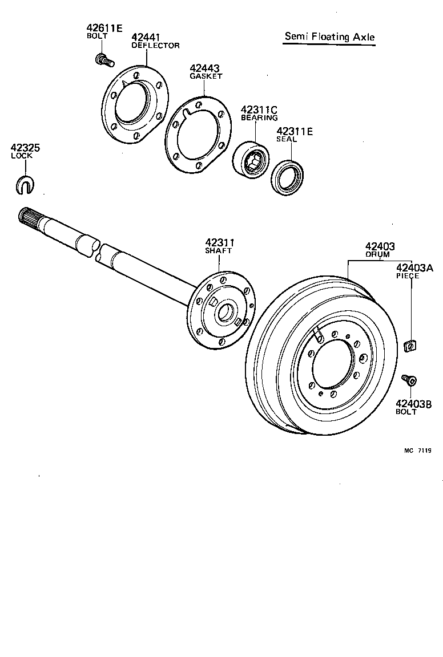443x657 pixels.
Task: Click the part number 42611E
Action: click(104, 28)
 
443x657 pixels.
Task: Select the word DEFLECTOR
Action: click(155, 46)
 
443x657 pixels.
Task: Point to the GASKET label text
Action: click(206, 76)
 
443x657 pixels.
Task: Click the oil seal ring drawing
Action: click(287, 176)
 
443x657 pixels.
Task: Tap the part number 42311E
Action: click(295, 131)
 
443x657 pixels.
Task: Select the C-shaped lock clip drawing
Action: click(25, 184)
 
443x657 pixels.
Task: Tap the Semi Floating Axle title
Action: click(330, 37)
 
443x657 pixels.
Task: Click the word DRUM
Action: click(377, 254)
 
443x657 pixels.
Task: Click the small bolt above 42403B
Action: click(409, 380)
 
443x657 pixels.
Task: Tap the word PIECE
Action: click(408, 276)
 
